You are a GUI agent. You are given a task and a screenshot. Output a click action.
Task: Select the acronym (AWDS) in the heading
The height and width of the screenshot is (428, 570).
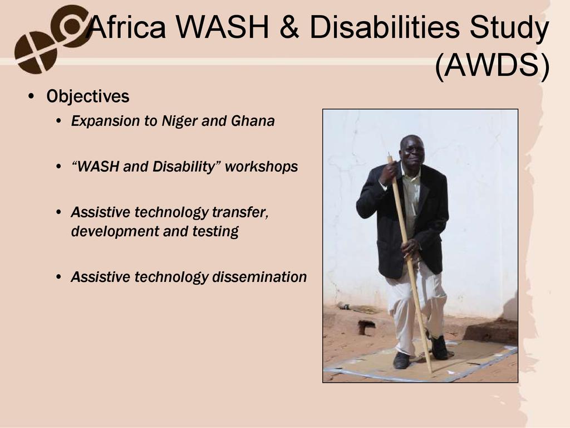click(x=492, y=66)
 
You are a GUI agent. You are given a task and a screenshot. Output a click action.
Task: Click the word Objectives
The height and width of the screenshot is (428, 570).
click(x=87, y=96)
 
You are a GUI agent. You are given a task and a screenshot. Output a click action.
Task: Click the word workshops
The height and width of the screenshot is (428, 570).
click(x=262, y=167)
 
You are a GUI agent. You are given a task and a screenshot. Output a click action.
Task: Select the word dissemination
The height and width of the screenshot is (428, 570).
click(x=259, y=277)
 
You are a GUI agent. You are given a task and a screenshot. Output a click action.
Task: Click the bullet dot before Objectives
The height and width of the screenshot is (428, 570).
click(x=31, y=97)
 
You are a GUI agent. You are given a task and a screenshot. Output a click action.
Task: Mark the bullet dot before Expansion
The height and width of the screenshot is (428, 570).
click(x=59, y=121)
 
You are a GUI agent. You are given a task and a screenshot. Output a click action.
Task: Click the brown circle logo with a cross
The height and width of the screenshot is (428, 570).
click(x=36, y=52)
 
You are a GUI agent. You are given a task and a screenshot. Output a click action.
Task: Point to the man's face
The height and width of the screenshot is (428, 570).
click(x=413, y=149)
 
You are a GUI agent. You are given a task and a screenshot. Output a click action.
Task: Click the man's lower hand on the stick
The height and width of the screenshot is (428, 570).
click(x=410, y=248)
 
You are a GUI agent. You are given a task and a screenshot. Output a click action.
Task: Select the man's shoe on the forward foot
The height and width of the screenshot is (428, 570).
click(x=401, y=360)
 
